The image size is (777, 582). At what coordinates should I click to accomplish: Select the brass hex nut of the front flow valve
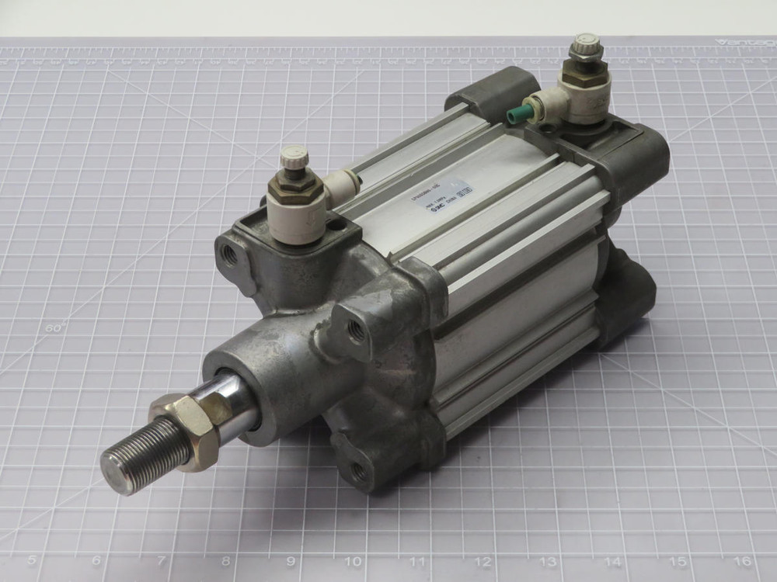click(294, 189)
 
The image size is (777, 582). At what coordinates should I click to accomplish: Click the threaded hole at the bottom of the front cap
click(358, 469)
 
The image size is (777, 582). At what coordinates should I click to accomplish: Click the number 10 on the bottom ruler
click(354, 560)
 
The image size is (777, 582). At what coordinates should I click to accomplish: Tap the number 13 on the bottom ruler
click(548, 560)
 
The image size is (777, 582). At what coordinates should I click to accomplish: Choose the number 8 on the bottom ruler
click(225, 560)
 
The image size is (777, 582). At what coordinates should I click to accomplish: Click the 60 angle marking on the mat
click(54, 327)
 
